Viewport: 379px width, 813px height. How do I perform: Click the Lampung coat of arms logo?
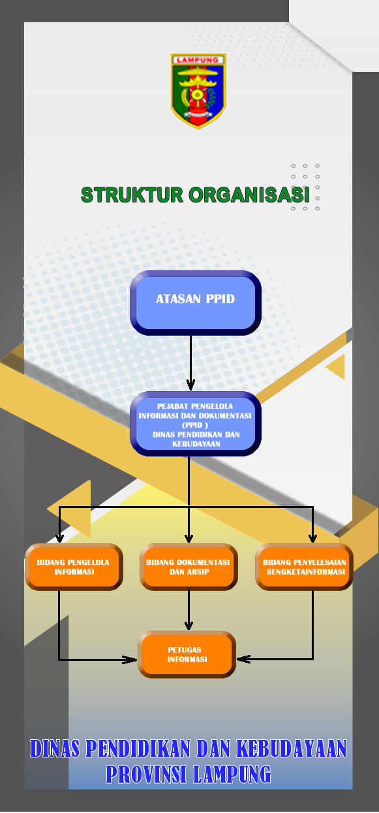click(198, 91)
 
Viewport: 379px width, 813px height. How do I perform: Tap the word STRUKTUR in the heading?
click(132, 195)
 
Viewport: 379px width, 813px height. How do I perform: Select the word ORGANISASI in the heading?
click(249, 195)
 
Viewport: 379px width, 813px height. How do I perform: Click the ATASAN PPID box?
click(196, 303)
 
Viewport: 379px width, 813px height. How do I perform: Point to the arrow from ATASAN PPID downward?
click(190, 362)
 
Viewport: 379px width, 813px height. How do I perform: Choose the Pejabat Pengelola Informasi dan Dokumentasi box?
click(196, 424)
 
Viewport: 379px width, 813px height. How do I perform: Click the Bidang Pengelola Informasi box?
click(74, 567)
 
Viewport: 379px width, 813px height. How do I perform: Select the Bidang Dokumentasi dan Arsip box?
click(189, 567)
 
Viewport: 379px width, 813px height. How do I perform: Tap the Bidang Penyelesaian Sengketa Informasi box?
click(304, 567)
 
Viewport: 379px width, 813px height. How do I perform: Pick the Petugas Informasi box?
click(187, 654)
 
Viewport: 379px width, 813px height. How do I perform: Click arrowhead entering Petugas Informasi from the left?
click(130, 660)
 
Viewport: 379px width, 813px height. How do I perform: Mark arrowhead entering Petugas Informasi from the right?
click(244, 659)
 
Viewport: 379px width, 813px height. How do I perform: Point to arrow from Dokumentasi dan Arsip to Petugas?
click(189, 611)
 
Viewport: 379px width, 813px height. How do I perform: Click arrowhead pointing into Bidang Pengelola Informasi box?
click(60, 538)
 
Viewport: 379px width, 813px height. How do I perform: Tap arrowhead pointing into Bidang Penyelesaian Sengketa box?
click(312, 538)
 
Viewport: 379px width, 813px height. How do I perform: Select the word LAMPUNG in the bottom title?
click(232, 774)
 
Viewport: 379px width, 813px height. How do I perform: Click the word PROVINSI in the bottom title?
click(147, 774)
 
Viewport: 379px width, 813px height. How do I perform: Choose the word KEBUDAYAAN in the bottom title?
click(292, 748)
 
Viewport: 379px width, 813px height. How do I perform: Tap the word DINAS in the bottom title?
click(55, 748)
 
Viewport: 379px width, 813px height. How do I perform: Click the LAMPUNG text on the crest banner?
click(198, 60)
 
